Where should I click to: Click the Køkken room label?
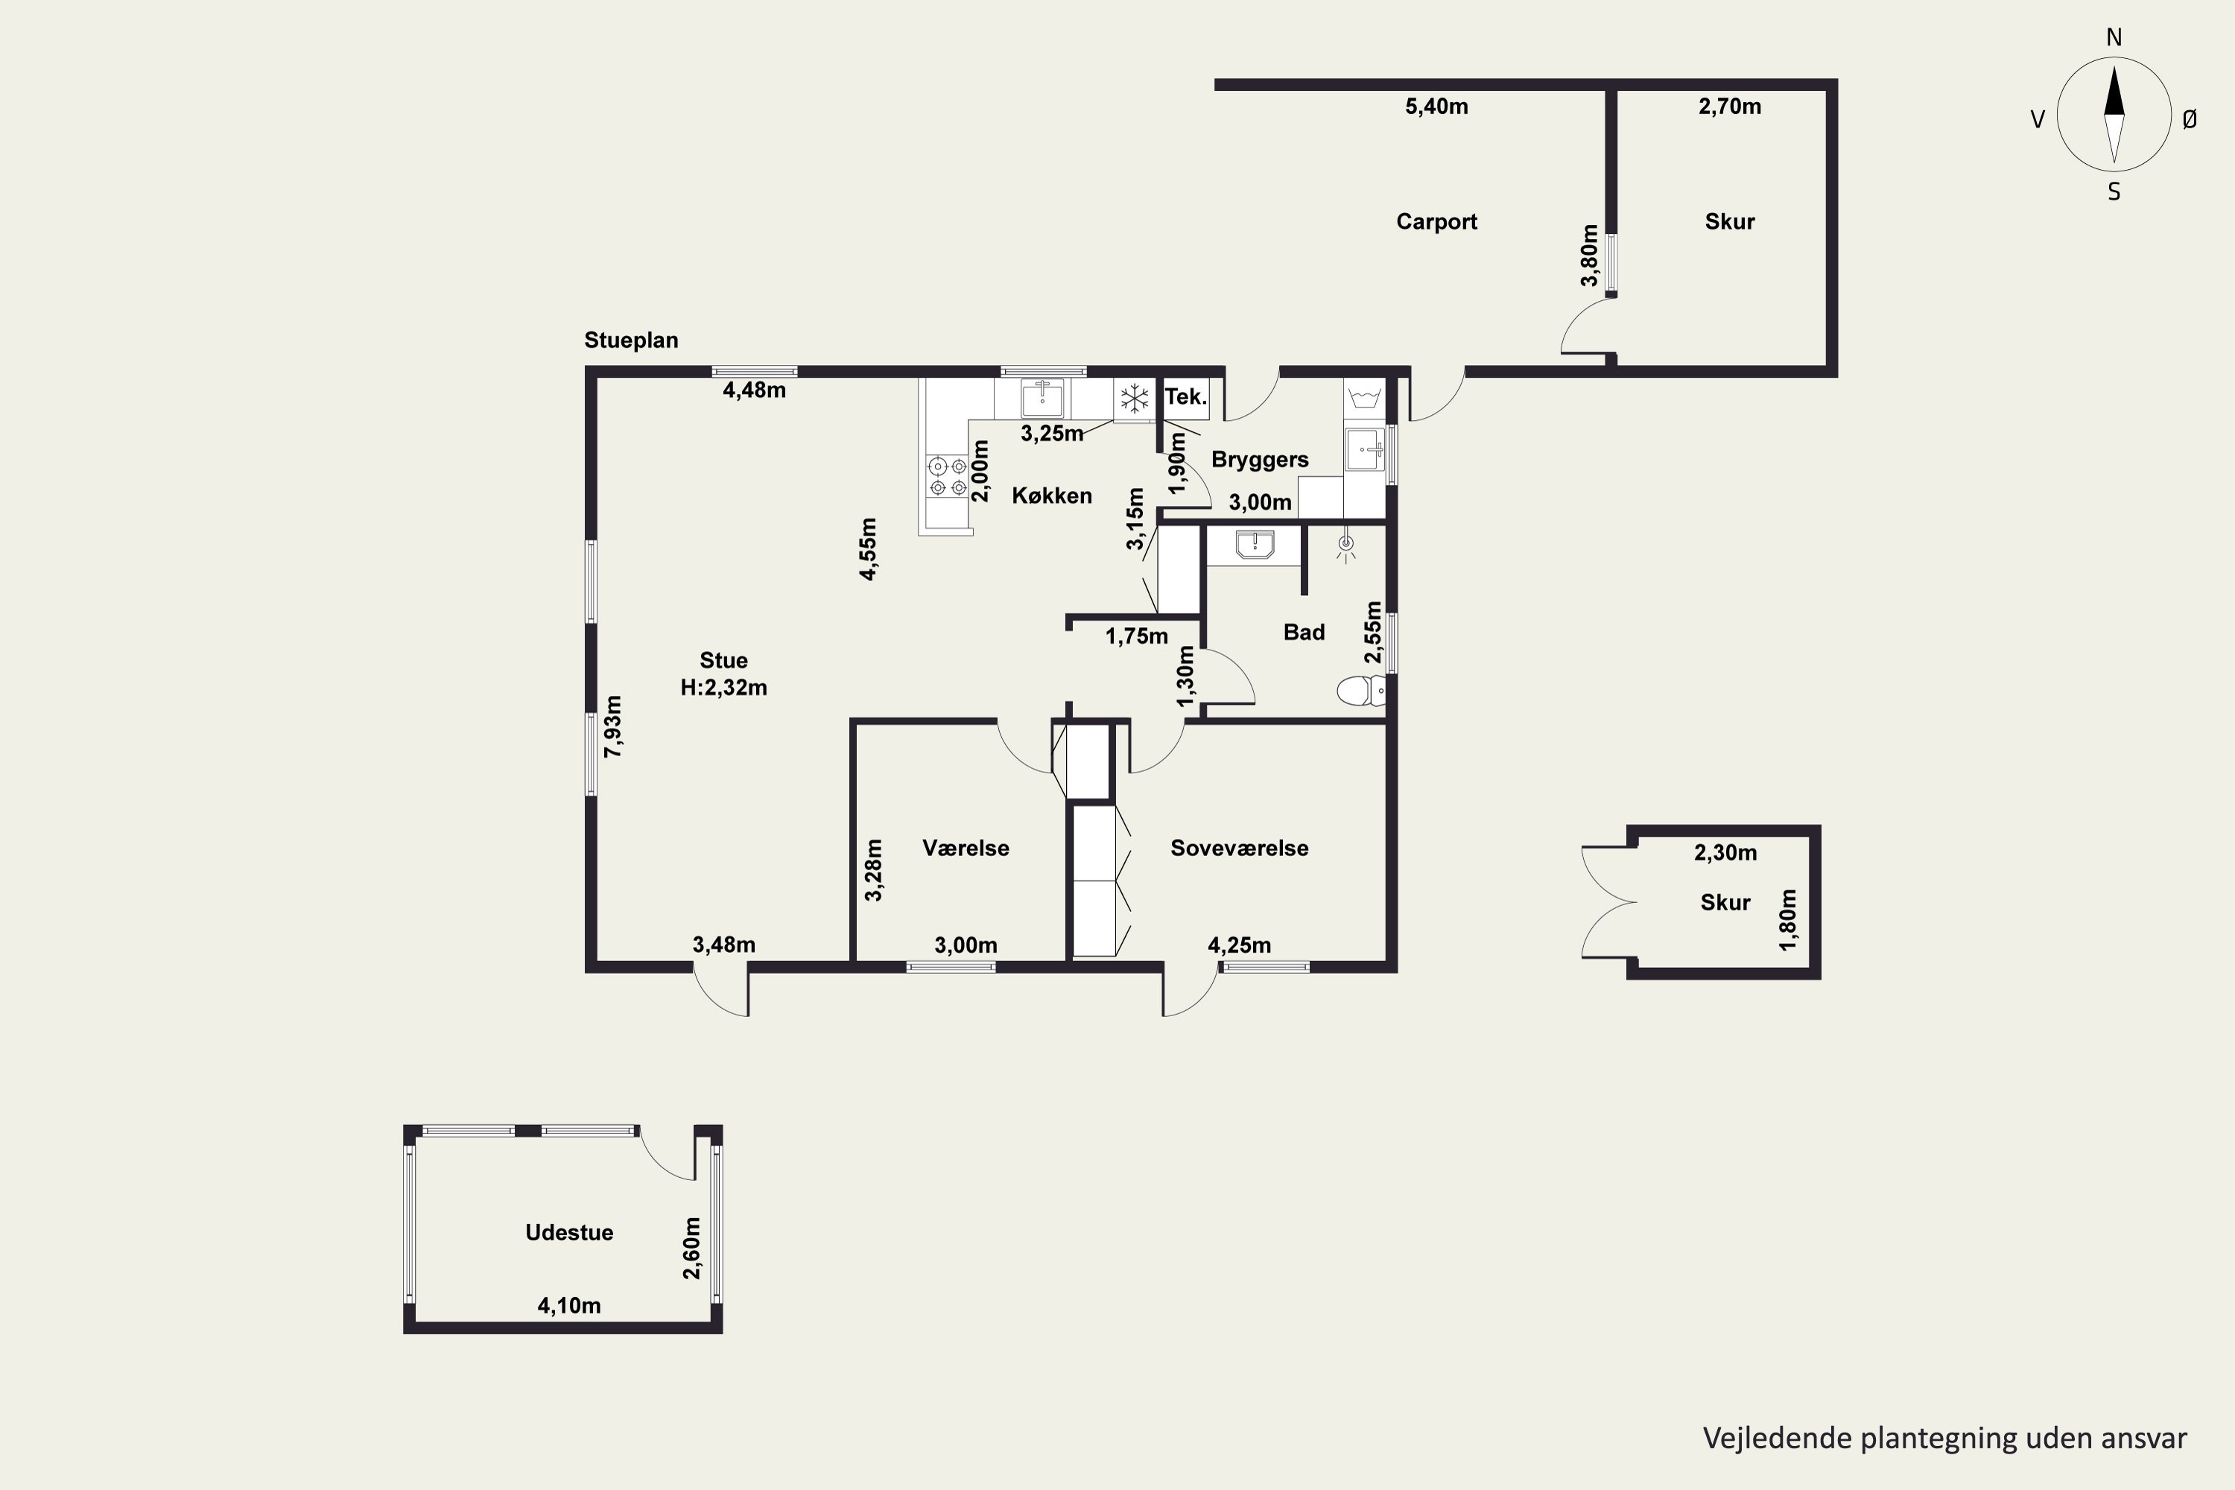(x=1051, y=495)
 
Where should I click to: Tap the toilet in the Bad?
(x=1361, y=691)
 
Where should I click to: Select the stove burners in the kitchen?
(x=948, y=477)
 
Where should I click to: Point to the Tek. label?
(x=1186, y=396)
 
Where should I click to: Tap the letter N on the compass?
(x=2114, y=37)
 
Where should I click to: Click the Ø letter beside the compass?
(x=2190, y=118)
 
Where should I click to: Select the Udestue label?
(x=569, y=1231)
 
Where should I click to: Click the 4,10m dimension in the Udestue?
(x=569, y=1306)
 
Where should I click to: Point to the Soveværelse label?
(x=1239, y=848)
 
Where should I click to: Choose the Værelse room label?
(x=966, y=848)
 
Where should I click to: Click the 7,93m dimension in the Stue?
(x=614, y=726)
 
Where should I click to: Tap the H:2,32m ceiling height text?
(x=723, y=687)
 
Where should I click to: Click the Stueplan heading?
(x=631, y=340)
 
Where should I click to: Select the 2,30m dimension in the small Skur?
(x=1725, y=853)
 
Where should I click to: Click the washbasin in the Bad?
(x=1255, y=545)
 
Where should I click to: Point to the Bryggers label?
(x=1260, y=460)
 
